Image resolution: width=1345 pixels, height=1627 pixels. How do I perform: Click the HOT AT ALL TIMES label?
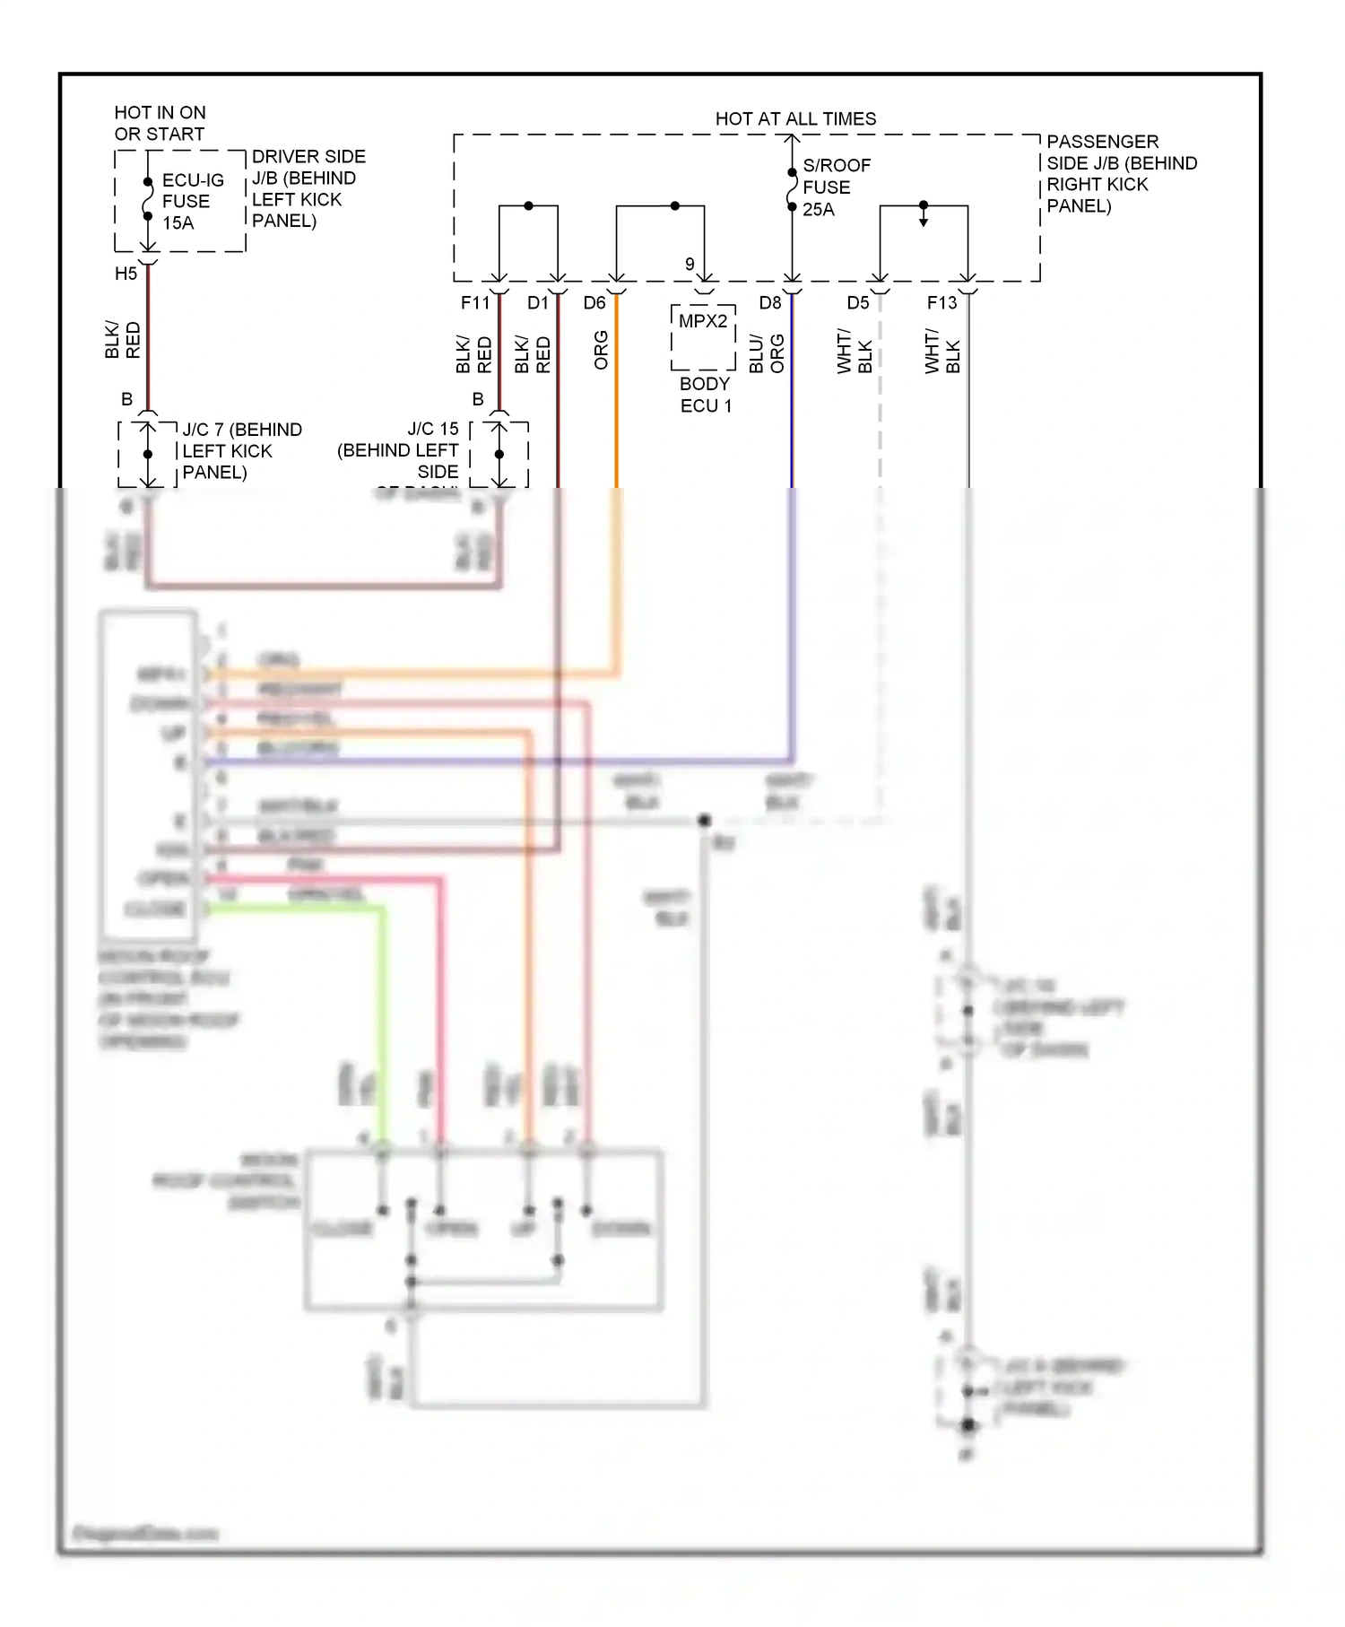pyautogui.click(x=795, y=118)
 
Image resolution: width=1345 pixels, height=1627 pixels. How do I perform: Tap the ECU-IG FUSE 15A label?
pyautogui.click(x=192, y=202)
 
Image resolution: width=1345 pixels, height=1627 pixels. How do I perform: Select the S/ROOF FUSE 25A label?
pyautogui.click(x=836, y=187)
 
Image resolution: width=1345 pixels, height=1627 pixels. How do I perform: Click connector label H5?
pyautogui.click(x=126, y=274)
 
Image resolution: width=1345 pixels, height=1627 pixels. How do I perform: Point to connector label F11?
pyautogui.click(x=475, y=303)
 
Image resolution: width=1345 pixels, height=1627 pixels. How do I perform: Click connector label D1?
pyautogui.click(x=537, y=303)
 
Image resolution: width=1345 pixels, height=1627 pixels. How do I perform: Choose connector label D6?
pyautogui.click(x=594, y=303)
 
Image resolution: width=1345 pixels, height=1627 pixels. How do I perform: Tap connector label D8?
pyautogui.click(x=770, y=303)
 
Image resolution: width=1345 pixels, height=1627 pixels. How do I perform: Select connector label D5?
pyautogui.click(x=858, y=303)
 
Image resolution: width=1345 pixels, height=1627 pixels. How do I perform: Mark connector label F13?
pyautogui.click(x=941, y=303)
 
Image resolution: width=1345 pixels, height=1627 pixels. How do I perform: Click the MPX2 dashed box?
pyautogui.click(x=703, y=338)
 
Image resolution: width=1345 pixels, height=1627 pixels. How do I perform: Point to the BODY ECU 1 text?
pyautogui.click(x=706, y=395)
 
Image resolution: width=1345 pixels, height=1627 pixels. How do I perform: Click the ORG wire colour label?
pyautogui.click(x=601, y=350)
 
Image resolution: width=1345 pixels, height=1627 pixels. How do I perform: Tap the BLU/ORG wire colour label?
pyautogui.click(x=767, y=353)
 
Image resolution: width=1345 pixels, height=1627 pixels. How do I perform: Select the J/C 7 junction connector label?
pyautogui.click(x=241, y=451)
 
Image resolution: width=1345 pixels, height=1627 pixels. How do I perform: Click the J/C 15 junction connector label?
pyautogui.click(x=399, y=450)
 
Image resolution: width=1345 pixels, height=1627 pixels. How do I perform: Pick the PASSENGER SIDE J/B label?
pyautogui.click(x=1120, y=173)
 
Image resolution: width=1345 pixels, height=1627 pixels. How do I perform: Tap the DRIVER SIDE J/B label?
pyautogui.click(x=308, y=188)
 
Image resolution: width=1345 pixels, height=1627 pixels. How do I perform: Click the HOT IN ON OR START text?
pyautogui.click(x=160, y=123)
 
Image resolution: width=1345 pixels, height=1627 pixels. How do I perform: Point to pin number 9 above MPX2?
pyautogui.click(x=690, y=264)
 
